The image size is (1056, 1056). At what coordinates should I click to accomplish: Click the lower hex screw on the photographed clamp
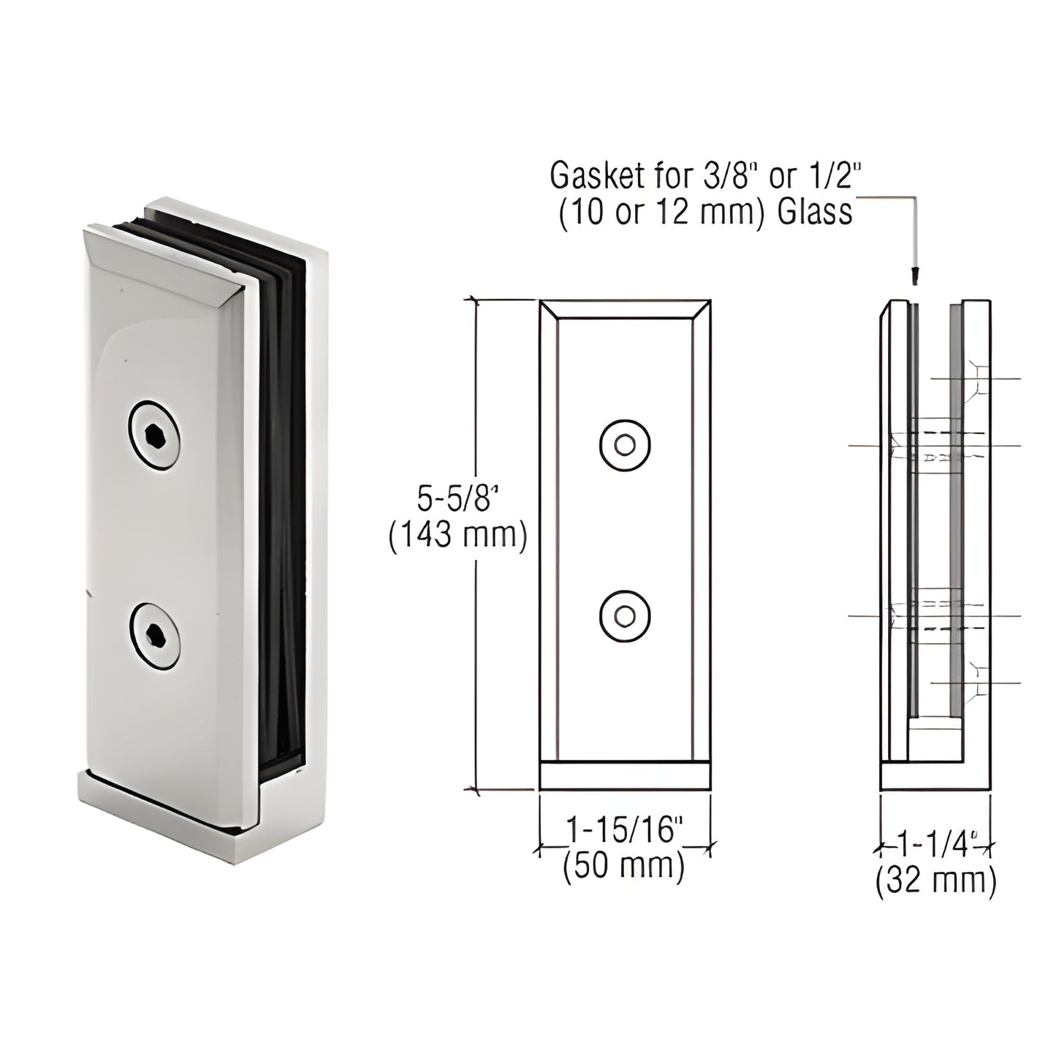(154, 637)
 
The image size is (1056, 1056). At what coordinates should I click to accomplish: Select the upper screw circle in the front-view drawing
(625, 444)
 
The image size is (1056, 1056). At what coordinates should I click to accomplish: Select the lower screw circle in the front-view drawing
(625, 616)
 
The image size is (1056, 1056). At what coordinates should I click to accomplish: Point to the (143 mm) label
(457, 536)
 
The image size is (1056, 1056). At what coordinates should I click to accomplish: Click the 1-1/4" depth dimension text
(937, 846)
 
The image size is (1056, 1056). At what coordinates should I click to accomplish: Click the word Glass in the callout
(815, 212)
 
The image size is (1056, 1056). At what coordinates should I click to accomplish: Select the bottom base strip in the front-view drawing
(625, 776)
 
